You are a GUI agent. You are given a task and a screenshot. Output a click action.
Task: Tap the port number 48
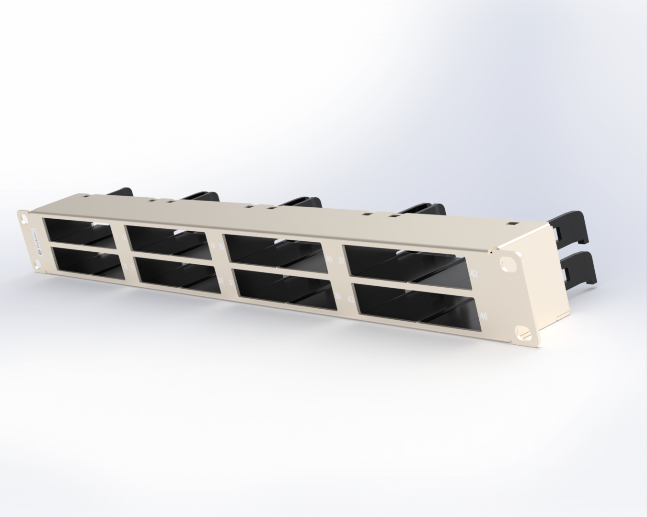point(484,316)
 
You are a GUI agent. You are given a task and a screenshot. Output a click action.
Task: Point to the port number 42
point(474,274)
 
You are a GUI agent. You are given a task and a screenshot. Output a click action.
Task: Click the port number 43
point(351,300)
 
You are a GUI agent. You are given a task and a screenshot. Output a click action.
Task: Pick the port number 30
point(329,259)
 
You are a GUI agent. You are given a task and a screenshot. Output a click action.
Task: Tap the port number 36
point(338,295)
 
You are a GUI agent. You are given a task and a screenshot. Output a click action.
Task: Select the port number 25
point(222,247)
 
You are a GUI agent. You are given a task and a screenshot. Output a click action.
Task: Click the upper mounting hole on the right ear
point(505,264)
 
